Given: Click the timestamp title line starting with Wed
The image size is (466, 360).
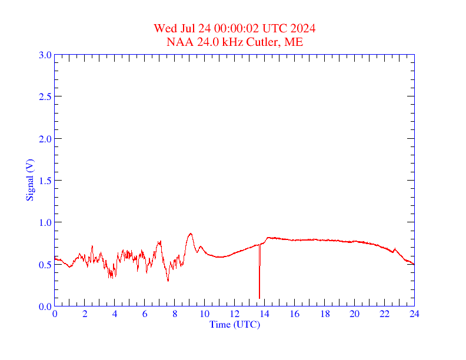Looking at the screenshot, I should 235,29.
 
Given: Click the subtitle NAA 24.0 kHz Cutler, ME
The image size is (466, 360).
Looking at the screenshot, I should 235,42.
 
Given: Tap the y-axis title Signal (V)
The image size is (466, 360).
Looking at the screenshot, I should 29,180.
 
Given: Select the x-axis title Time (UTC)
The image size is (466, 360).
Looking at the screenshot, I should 234,324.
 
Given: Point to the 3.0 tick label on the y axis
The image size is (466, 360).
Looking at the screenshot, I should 45,55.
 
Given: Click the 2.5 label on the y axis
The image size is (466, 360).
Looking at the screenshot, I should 45,96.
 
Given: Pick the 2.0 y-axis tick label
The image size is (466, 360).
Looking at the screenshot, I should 45,139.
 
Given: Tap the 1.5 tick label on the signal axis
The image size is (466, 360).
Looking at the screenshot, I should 45,181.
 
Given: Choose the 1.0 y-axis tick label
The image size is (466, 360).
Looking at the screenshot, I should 45,222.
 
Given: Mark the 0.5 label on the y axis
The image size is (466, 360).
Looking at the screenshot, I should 45,265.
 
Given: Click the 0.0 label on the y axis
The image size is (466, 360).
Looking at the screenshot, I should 45,306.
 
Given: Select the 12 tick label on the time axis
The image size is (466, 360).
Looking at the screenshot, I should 235,314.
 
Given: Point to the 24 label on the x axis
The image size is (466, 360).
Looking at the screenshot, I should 414,314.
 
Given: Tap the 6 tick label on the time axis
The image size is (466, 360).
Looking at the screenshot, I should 145,314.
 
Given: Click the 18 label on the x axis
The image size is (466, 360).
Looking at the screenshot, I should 324,314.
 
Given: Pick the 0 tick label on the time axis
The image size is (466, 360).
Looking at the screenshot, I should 55,314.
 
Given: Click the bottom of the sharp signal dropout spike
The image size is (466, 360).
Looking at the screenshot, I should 259,298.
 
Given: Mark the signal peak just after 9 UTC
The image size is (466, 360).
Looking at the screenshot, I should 190,234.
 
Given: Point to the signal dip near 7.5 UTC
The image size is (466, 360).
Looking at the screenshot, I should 168,281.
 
